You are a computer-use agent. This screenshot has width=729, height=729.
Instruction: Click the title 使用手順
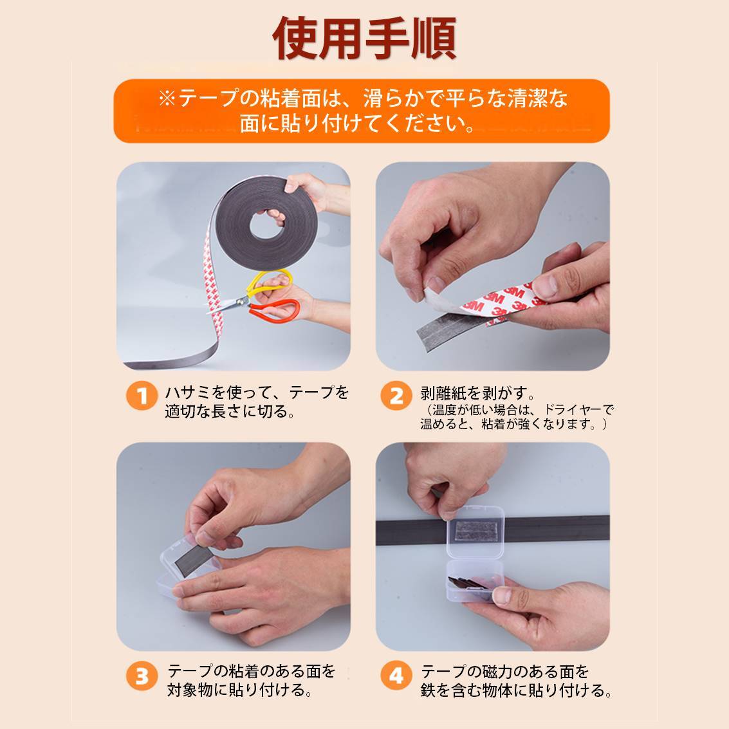pos(364,38)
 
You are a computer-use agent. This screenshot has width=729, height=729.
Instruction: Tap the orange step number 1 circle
pos(142,396)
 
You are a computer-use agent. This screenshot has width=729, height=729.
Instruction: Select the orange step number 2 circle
pos(396,396)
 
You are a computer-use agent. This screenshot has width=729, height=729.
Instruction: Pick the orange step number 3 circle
pos(142,676)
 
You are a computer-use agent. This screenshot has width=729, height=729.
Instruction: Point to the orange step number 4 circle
pos(396,676)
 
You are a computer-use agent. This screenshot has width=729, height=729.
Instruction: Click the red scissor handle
pos(274,309)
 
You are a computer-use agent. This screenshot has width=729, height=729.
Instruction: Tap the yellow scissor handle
pos(270,281)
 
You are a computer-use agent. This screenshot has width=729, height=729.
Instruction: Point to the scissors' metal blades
pos(227,305)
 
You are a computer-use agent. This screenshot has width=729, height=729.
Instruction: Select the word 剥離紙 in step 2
pos(443,394)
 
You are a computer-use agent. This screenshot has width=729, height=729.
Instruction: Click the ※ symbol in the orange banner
pos(167,99)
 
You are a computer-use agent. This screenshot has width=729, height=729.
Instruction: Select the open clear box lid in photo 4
pos(475,531)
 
